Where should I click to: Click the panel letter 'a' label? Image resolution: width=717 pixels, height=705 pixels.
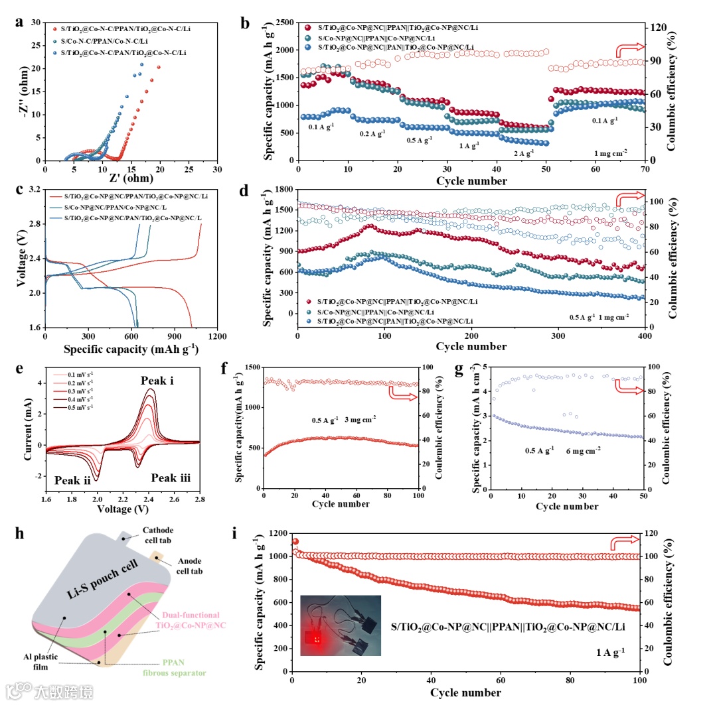click(19, 22)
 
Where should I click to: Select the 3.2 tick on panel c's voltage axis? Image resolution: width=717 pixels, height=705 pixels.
click(32, 190)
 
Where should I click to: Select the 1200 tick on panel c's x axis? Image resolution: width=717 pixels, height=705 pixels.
click(217, 336)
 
